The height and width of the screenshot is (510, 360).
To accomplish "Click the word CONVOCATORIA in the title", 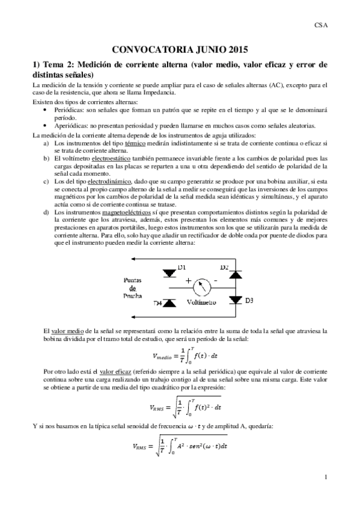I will click(144, 51).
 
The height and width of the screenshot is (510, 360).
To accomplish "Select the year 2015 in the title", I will click(235, 51).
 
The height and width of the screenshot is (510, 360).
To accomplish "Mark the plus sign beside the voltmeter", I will click(188, 280).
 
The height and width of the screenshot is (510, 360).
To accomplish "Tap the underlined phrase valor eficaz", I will click(116, 373).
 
